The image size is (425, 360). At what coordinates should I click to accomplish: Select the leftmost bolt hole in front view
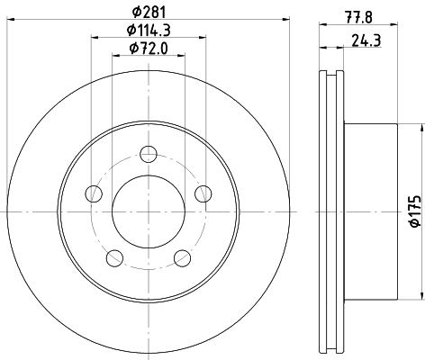pos(92,193)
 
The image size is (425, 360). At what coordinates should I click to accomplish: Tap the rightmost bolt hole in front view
pos(203,193)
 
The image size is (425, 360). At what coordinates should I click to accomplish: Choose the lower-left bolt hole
pos(113,258)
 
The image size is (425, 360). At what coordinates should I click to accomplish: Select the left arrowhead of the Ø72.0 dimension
pos(114,56)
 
